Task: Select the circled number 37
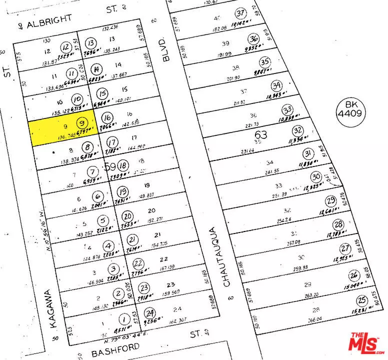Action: point(242,13)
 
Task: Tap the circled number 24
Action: point(148,313)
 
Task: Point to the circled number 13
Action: point(91,43)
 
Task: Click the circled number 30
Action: point(315,176)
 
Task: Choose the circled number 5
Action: point(103,220)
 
